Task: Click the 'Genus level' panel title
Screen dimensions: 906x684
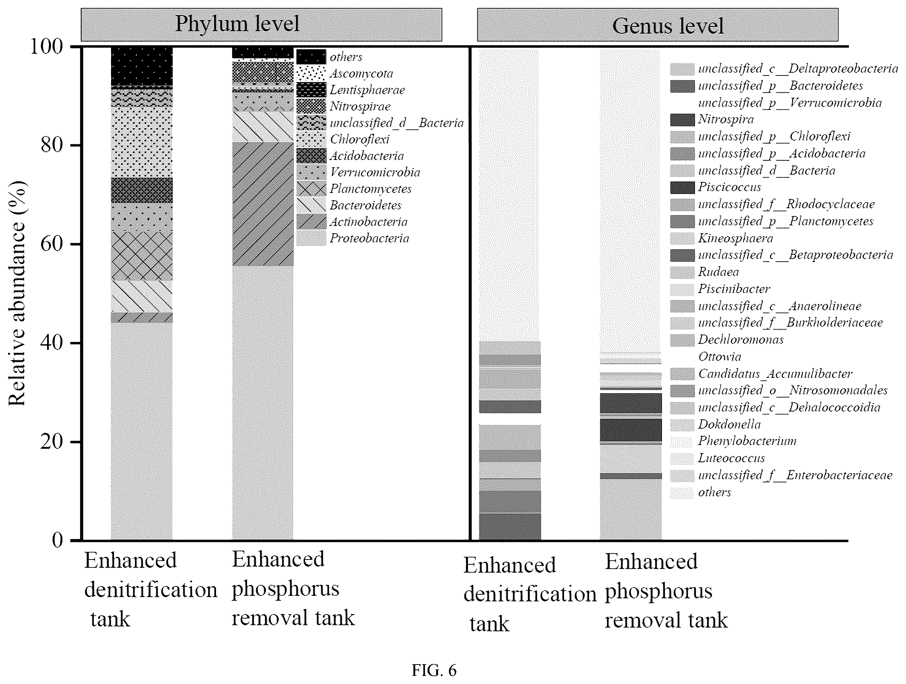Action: coord(668,26)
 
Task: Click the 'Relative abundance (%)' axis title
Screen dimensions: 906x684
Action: coord(17,293)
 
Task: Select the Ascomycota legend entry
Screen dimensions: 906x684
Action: coord(345,73)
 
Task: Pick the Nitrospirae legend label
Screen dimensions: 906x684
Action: coord(360,107)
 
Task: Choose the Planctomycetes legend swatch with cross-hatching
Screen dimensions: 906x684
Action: coord(311,189)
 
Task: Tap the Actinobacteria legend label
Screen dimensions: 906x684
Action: coord(369,222)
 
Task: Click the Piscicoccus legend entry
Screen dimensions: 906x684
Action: coord(715,187)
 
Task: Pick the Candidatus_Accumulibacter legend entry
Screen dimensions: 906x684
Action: coord(761,373)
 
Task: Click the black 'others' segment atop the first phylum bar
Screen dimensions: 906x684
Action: coord(142,67)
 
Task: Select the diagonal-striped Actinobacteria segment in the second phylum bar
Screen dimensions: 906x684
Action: coord(263,204)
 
